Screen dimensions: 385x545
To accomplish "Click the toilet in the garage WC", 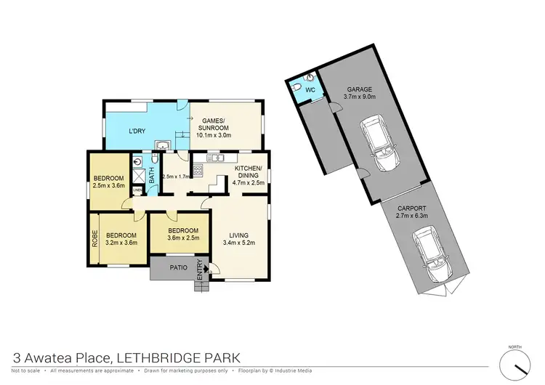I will tap(310, 77).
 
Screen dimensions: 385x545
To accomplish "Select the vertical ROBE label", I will tap(94, 240).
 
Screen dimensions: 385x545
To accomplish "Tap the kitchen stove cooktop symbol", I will tap(197, 172).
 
